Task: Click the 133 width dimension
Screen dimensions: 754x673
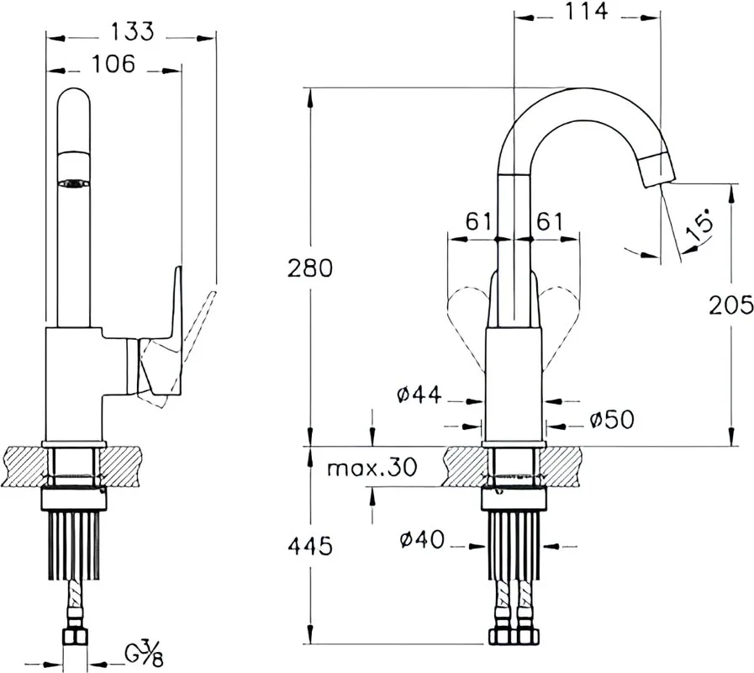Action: (x=133, y=32)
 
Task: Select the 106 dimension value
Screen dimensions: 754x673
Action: (x=113, y=64)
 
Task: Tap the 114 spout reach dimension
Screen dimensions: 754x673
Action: (x=586, y=11)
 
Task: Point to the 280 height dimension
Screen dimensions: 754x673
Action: (x=310, y=268)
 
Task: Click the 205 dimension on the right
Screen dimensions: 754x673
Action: (x=731, y=305)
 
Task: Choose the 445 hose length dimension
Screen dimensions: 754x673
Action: (x=310, y=546)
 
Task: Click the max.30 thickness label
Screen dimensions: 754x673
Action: (x=372, y=467)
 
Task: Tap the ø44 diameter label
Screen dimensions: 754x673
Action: (x=419, y=395)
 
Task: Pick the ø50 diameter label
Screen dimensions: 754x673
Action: (x=612, y=420)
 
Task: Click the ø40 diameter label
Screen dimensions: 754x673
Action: (x=422, y=539)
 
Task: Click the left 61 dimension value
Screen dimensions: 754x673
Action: (x=479, y=222)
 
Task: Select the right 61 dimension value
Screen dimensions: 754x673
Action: (x=549, y=222)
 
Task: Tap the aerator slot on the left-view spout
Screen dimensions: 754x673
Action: (x=73, y=183)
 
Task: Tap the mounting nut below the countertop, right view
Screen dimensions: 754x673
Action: (x=514, y=499)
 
